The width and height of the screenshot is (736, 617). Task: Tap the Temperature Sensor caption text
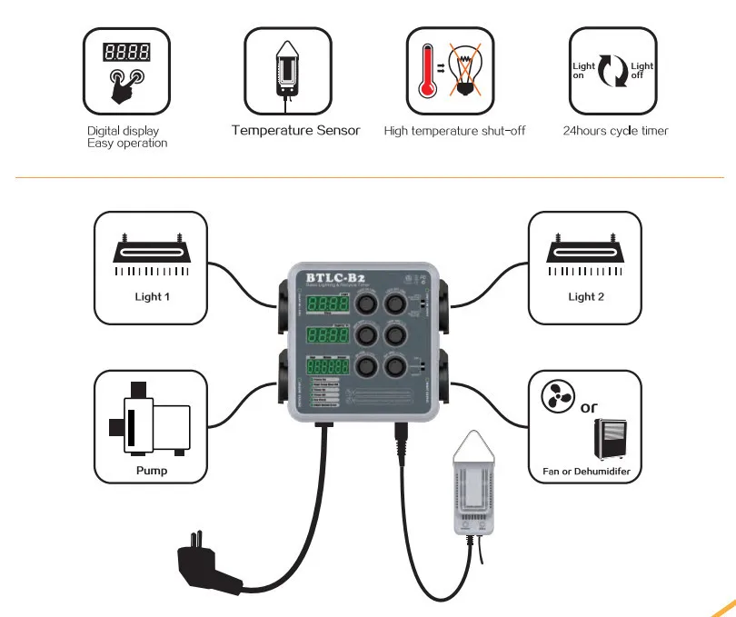pyautogui.click(x=295, y=131)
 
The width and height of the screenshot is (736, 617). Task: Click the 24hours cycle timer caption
pyautogui.click(x=615, y=131)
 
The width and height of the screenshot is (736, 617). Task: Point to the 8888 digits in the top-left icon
pyautogui.click(x=126, y=51)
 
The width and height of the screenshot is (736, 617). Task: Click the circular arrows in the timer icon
pyautogui.click(x=613, y=72)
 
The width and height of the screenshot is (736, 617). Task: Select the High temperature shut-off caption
pyautogui.click(x=454, y=131)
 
